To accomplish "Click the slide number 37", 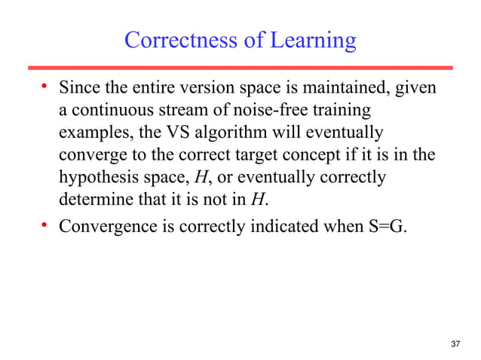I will click(x=454, y=344).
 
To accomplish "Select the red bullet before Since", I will click(x=44, y=87).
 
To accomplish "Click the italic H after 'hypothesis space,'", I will click(x=201, y=178).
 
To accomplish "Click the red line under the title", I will click(x=241, y=68).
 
